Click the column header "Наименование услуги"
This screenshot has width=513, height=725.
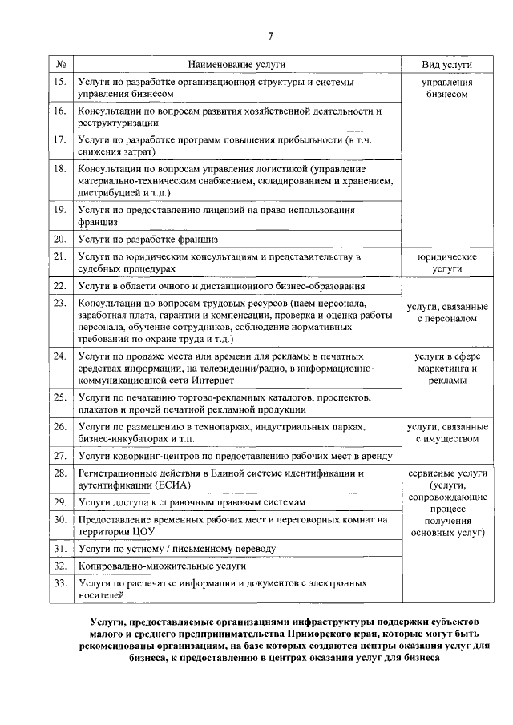pyautogui.click(x=237, y=64)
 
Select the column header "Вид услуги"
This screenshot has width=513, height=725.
pyautogui.click(x=446, y=64)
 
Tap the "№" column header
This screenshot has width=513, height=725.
pyautogui.click(x=60, y=64)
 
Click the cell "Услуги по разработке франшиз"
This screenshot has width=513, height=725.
pyautogui.click(x=148, y=239)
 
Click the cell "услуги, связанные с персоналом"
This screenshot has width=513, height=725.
pyautogui.click(x=446, y=312)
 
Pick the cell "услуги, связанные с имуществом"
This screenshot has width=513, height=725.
pyautogui.click(x=446, y=433)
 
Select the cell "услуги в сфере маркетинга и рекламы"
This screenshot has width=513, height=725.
pyautogui.click(x=446, y=369)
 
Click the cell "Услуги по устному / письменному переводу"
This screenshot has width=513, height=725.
pyautogui.click(x=177, y=549)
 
